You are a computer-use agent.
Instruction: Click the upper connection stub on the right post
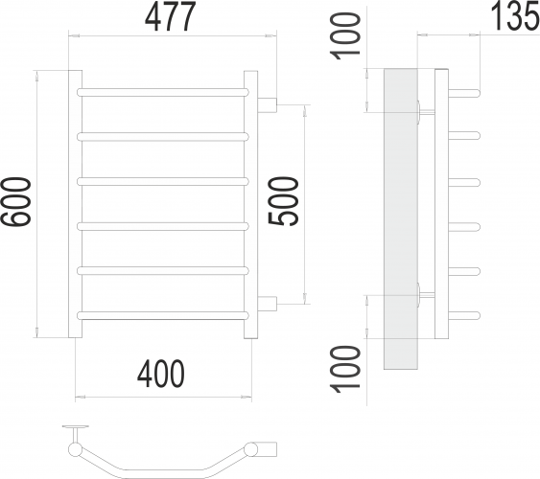269,103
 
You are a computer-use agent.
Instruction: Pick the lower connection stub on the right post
269,304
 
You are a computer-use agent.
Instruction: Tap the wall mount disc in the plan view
73,427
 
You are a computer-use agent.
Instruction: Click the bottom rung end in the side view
464,314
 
